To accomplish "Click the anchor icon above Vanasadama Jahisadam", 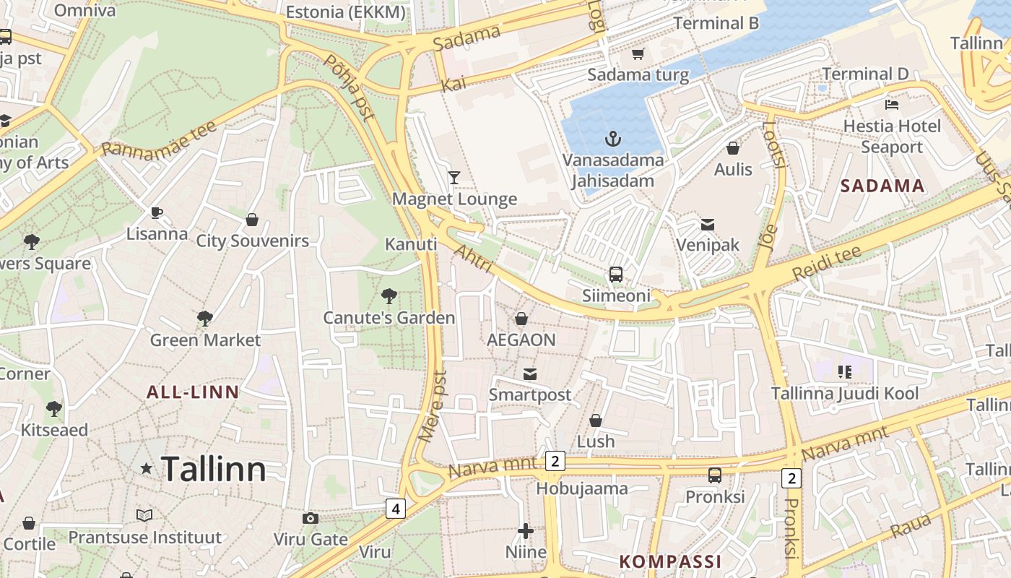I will (613, 138).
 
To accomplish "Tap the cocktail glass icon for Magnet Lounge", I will (454, 177).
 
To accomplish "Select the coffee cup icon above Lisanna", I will (157, 212).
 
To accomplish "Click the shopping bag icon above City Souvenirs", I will (252, 220).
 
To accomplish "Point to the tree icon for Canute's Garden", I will (389, 296).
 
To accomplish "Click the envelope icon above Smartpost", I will (530, 374).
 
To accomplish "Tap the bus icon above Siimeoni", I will (616, 274).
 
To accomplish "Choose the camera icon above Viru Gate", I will (311, 518).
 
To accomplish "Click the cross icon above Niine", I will (526, 532).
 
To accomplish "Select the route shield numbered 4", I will (395, 509).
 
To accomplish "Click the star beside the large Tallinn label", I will (147, 469).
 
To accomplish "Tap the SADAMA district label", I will (882, 186).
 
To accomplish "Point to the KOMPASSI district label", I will (670, 561).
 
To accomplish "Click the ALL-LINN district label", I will (193, 392).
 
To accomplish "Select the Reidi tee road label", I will (827, 264).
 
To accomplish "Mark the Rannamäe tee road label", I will (159, 139).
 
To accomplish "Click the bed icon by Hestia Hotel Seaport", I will (892, 105).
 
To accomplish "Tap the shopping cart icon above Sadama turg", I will (638, 53).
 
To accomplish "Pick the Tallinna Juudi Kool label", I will (845, 393).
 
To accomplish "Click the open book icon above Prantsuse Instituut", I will (144, 515).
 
